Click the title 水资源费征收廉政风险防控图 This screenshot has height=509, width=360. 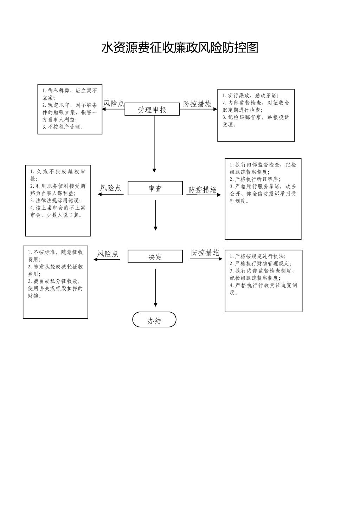[x=180, y=48]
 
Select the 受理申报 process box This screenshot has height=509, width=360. [x=152, y=109]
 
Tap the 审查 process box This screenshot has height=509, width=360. [x=155, y=188]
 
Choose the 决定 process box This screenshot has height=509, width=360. [x=155, y=256]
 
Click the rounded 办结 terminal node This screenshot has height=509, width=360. [x=154, y=320]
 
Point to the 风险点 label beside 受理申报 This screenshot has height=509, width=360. [x=114, y=103]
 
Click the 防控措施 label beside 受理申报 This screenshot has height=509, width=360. [x=197, y=104]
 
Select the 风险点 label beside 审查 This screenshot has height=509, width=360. [x=110, y=188]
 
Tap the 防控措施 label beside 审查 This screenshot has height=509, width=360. [x=202, y=190]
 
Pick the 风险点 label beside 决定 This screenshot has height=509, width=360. [x=108, y=254]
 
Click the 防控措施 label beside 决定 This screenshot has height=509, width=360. [x=205, y=253]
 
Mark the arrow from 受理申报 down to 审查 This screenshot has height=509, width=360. [x=154, y=144]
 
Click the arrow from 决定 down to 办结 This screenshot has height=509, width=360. [x=155, y=288]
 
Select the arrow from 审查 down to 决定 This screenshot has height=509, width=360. [x=155, y=215]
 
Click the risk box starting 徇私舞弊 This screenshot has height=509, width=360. [x=70, y=109]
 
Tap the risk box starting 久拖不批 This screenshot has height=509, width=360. [x=58, y=200]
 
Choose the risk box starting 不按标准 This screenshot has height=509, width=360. [x=56, y=282]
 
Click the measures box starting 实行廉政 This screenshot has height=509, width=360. [x=256, y=115]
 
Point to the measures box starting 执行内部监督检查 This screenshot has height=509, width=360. [x=263, y=198]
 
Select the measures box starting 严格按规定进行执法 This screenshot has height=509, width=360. [x=263, y=281]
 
